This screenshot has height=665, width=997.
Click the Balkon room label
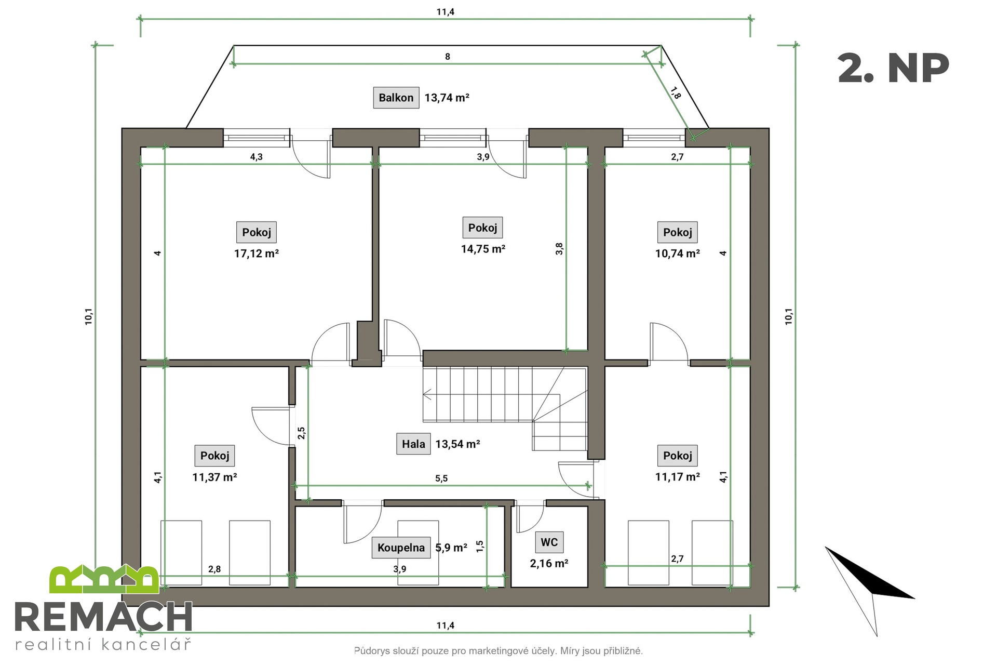(396, 98)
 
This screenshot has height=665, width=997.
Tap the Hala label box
(413, 444)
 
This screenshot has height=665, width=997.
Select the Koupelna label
(401, 548)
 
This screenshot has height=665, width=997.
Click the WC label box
(549, 542)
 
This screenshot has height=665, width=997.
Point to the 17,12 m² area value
(257, 254)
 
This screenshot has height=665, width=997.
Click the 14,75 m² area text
(483, 249)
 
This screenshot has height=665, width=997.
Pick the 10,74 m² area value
(677, 254)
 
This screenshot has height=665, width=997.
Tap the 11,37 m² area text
(214, 477)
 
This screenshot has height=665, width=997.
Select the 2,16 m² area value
(549, 564)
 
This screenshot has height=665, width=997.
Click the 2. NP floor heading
(893, 69)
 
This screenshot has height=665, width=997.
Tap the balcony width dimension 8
(448, 57)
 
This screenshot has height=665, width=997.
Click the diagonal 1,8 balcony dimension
(675, 93)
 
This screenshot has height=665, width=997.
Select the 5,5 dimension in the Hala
(441, 478)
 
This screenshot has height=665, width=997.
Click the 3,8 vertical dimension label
(559, 249)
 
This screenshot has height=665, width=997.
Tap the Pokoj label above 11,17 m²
(677, 456)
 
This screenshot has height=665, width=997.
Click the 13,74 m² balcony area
(447, 98)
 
